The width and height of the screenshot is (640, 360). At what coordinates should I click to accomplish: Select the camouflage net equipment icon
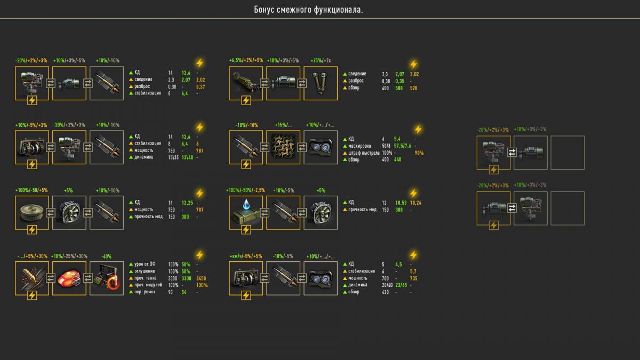pyautogui.click(x=283, y=147)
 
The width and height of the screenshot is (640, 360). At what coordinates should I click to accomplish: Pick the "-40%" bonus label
pyautogui.click(x=106, y=257)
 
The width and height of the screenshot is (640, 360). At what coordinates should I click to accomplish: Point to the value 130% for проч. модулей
pyautogui.click(x=201, y=285)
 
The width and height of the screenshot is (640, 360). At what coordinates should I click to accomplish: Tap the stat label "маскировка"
pyautogui.click(x=361, y=145)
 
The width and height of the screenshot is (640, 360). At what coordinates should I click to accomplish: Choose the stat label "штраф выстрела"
pyautogui.click(x=365, y=153)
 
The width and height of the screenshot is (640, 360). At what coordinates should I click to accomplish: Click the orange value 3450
pyautogui.click(x=201, y=278)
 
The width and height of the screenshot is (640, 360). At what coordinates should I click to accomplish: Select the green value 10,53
pyautogui.click(x=400, y=203)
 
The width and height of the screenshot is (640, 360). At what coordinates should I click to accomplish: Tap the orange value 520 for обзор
pyautogui.click(x=414, y=87)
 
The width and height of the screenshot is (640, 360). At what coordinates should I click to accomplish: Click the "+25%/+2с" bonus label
pyautogui.click(x=320, y=61)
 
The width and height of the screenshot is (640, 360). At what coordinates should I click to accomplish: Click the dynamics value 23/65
pyautogui.click(x=401, y=285)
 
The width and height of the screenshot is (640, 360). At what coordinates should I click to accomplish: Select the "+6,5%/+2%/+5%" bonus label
pyautogui.click(x=246, y=61)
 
